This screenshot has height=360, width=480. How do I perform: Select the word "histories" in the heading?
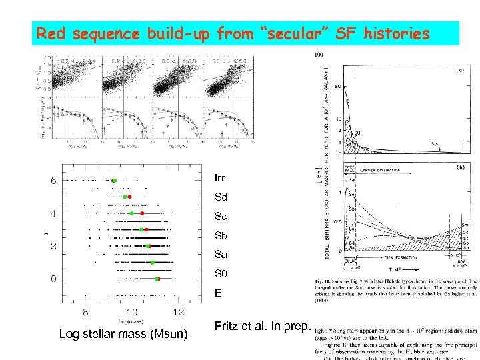point(397,33)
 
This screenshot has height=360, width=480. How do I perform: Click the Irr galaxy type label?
point(220,179)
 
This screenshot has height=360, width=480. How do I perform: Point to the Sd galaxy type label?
point(221,198)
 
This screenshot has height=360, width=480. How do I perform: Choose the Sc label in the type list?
point(221,217)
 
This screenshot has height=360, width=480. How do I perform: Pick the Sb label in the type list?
point(221,236)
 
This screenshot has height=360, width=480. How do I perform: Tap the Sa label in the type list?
point(221,255)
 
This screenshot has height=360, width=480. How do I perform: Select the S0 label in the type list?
point(221,274)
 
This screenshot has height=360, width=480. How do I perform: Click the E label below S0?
point(217,293)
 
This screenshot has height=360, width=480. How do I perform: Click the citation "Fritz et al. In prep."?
point(261,326)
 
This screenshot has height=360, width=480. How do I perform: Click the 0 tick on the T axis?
point(53,279)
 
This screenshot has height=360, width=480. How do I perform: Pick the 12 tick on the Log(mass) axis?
point(178,312)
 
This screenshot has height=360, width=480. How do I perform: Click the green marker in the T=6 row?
point(114,181)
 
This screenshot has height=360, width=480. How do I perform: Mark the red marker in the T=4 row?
point(142,213)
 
